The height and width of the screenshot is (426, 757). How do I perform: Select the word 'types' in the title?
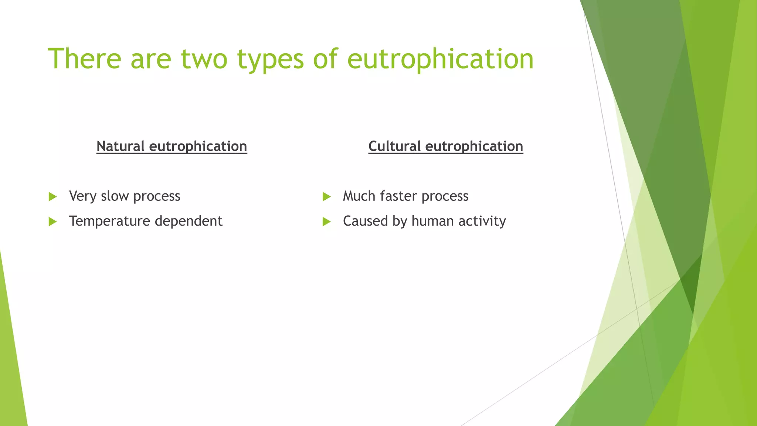(270, 59)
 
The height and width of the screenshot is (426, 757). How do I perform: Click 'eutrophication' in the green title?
(440, 59)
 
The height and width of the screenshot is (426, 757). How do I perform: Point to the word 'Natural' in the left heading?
(120, 146)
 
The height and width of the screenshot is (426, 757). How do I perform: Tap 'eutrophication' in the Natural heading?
(198, 146)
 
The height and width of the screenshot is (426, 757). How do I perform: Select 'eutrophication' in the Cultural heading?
(474, 146)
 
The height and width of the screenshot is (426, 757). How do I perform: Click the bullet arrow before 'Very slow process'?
(53, 196)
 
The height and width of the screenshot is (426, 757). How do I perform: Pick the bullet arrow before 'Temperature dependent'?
(53, 222)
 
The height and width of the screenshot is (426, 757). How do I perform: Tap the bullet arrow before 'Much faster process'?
(326, 196)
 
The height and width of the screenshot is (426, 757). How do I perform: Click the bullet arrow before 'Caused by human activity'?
(326, 222)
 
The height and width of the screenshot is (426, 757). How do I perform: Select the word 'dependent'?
(189, 221)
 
